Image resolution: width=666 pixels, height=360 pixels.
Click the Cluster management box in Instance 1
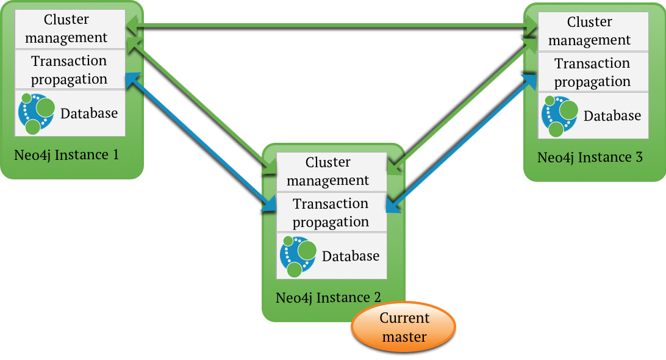click(70, 29)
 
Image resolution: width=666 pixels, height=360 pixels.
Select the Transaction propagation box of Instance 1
click(70, 70)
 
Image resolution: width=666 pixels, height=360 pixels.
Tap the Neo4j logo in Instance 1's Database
click(36, 113)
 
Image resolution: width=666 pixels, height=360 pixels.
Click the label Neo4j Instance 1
click(66, 155)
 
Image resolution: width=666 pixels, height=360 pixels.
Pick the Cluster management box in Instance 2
click(332, 171)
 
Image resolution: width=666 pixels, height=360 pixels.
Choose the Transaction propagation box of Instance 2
click(332, 212)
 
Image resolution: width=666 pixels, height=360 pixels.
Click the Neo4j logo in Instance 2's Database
click(298, 256)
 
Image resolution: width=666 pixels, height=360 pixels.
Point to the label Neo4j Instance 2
click(328, 298)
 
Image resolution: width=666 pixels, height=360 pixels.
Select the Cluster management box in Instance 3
click(593, 32)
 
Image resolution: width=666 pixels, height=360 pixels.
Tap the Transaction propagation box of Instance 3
click(593, 72)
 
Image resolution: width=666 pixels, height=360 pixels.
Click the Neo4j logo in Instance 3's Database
click(559, 116)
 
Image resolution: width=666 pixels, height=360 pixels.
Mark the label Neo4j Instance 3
click(590, 157)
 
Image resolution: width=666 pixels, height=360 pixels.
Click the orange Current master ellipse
click(404, 327)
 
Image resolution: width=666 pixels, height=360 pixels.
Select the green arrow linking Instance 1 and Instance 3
click(332, 26)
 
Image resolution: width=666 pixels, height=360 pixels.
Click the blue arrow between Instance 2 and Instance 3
click(462, 143)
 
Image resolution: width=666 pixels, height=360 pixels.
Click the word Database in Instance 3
click(612, 115)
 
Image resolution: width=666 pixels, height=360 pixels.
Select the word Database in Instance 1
click(89, 113)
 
